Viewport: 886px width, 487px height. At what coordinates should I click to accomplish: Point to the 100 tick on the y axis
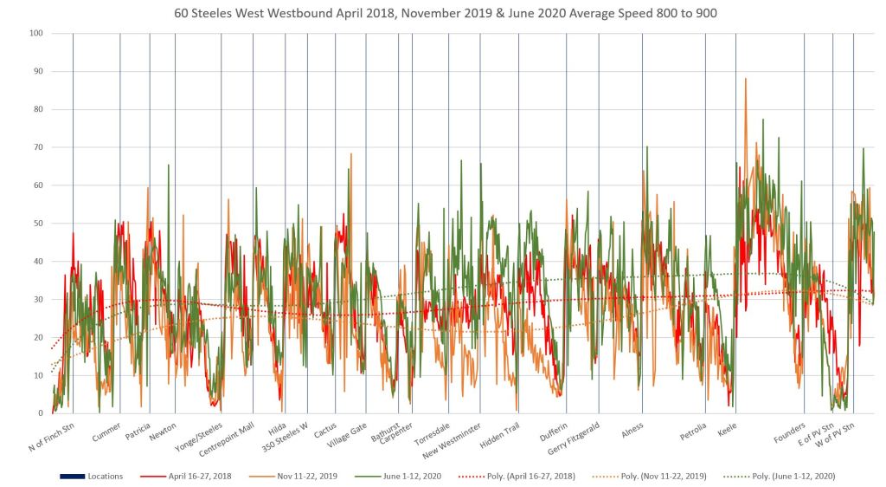(35, 33)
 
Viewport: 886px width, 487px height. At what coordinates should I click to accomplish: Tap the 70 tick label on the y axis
(37, 147)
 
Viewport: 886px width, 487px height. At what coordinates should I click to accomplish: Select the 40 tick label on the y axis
(37, 261)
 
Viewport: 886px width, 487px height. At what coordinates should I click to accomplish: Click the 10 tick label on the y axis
(37, 375)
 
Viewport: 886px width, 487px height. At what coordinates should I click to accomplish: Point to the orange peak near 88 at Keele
(745, 79)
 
